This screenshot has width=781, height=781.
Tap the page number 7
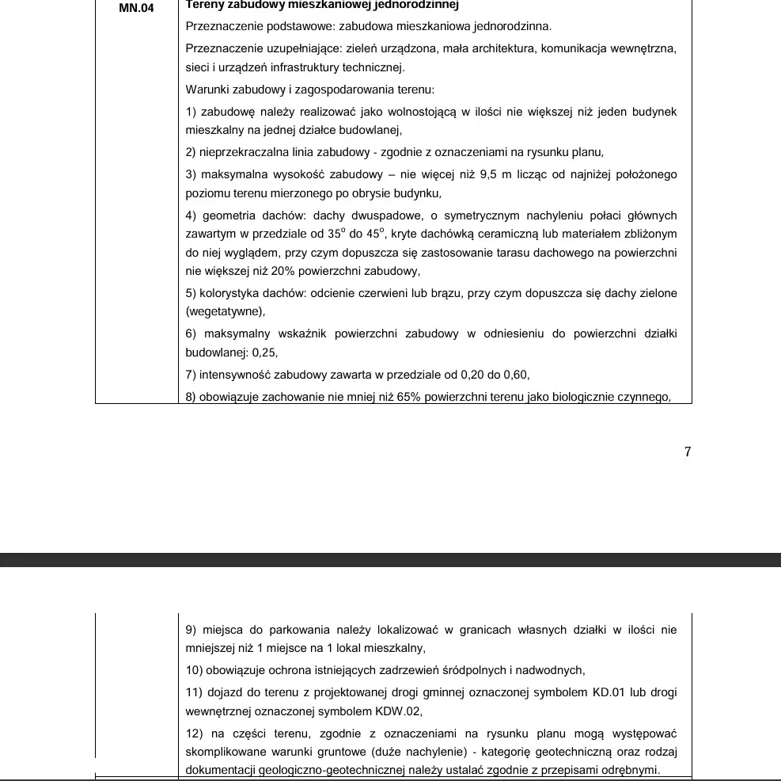click(688, 452)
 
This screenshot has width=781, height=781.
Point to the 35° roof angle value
click(337, 234)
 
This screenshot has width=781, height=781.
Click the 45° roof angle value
click(375, 234)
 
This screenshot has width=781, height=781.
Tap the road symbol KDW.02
click(394, 711)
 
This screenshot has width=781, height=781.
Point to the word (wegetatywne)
click(225, 311)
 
